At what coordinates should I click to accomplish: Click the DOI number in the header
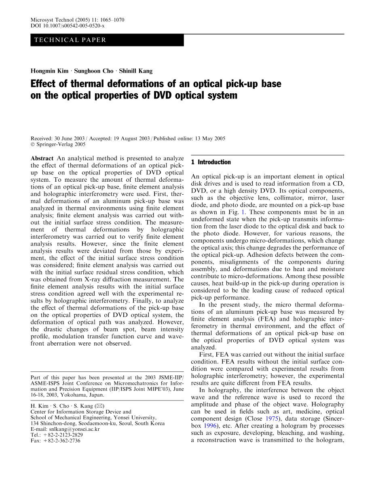[74, 26]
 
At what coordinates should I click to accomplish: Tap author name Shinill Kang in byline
[136, 71]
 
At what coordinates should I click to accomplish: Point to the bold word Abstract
[42, 158]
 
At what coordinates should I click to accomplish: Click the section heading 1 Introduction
[211, 162]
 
